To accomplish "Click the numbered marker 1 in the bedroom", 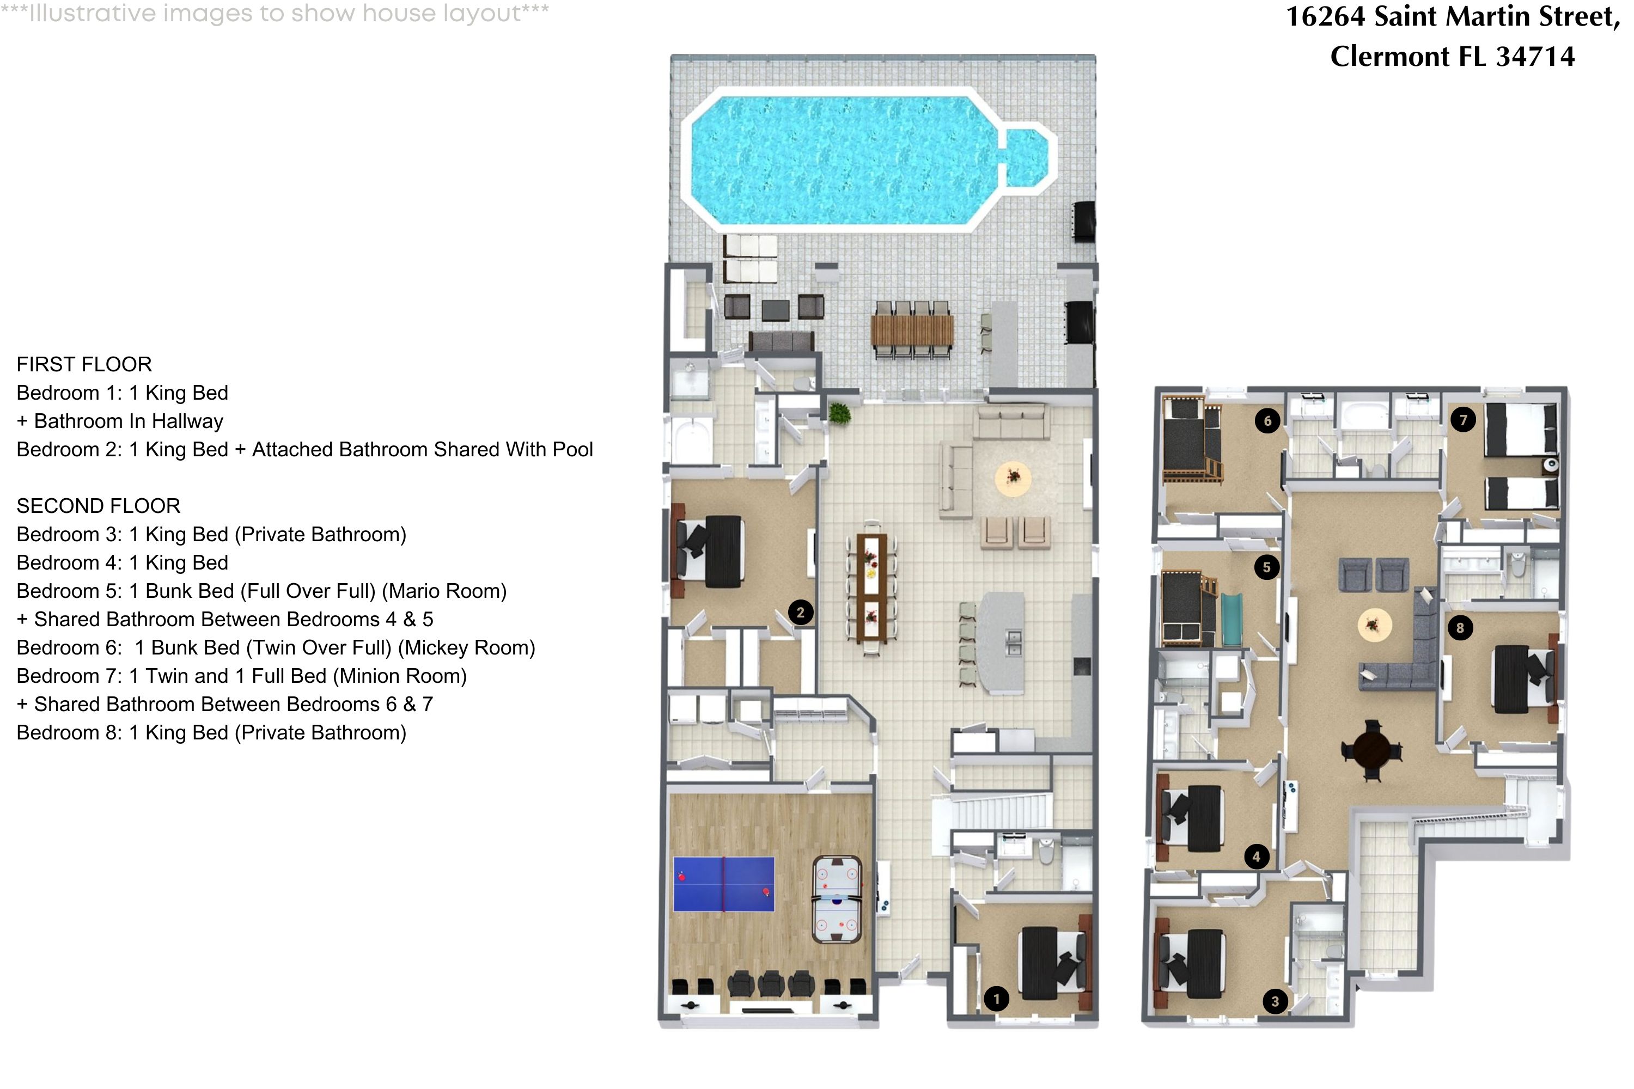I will coord(996,999).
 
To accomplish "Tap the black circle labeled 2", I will coord(800,613).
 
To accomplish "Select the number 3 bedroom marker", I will coord(1275,1001).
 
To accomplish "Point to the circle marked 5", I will coord(1266,567).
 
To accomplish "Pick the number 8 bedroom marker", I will coord(1460,628).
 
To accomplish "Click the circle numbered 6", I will coord(1267,420).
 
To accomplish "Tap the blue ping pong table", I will coord(723,883).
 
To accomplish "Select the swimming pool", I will coord(855,160).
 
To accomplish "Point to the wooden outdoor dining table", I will coord(912,331).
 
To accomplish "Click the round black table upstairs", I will coord(1371,750).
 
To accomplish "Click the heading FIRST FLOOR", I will coord(84,365).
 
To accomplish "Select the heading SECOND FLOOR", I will coord(98,506).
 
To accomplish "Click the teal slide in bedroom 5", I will coord(1231,618).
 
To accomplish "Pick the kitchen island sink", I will coord(1014,643).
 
